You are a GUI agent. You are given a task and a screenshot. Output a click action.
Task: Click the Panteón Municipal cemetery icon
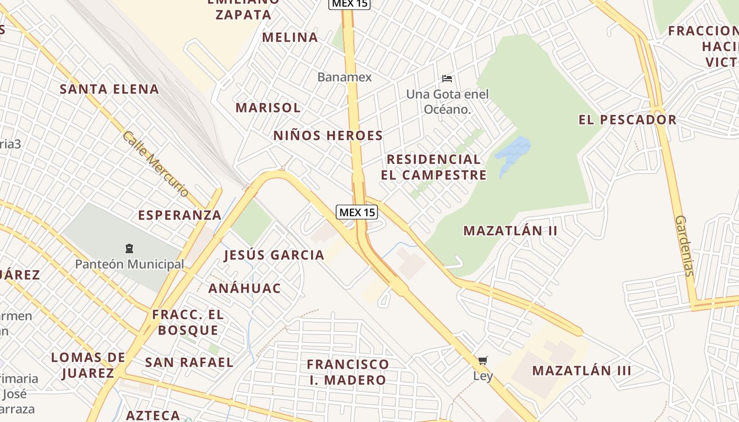click(x=129, y=248)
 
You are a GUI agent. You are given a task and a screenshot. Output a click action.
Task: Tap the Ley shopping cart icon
click(x=483, y=361)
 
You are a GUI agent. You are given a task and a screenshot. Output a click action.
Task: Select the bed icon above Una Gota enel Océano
click(x=447, y=79)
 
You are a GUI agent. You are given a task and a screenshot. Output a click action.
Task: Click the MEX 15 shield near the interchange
click(x=357, y=212)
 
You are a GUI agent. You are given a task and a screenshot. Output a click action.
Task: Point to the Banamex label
click(x=344, y=77)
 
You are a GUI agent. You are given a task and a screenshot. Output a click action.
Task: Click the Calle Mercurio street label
click(x=155, y=164)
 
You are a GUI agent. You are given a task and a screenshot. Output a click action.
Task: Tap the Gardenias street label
click(x=684, y=246)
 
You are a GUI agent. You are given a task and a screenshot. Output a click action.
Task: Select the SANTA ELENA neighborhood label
click(x=109, y=89)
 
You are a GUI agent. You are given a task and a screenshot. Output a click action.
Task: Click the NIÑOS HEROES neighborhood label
click(x=328, y=136)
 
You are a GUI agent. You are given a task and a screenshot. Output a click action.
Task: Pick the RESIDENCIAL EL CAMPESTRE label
click(x=433, y=167)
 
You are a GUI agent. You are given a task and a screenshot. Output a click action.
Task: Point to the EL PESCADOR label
click(x=627, y=120)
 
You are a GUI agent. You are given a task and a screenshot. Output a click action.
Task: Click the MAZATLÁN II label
click(x=510, y=231)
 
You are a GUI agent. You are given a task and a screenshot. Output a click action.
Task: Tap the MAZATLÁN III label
click(x=581, y=370)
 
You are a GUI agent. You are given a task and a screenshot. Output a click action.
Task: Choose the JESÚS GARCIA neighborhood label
click(x=274, y=255)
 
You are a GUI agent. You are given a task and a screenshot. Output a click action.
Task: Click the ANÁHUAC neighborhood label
click(x=244, y=289)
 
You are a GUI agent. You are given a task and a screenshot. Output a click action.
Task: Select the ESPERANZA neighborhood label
click(x=179, y=215)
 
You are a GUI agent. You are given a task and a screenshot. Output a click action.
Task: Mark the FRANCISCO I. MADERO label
click(x=347, y=372)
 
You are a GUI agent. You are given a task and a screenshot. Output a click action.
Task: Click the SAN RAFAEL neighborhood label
click(x=189, y=362)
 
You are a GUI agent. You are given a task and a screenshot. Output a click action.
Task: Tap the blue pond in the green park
click(x=512, y=153)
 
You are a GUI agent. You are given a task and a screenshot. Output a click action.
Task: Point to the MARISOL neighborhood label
click(x=268, y=108)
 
